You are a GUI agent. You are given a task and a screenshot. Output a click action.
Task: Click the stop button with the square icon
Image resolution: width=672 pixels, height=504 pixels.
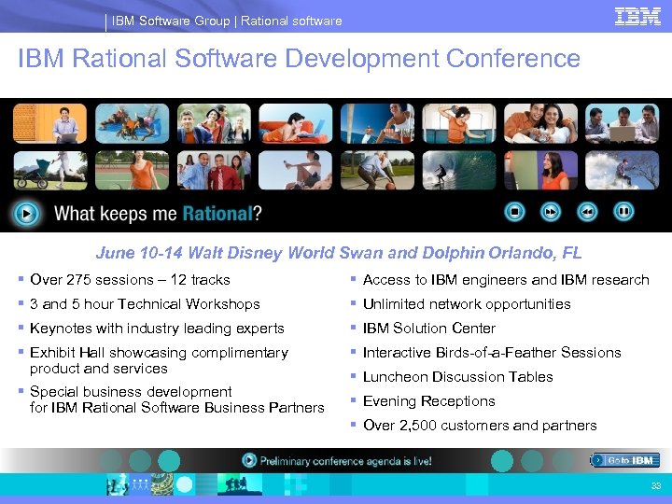513,212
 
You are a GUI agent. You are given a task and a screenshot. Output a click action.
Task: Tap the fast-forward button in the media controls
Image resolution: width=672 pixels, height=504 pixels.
551,212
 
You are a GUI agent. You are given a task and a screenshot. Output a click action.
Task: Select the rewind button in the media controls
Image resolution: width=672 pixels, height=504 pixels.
587,212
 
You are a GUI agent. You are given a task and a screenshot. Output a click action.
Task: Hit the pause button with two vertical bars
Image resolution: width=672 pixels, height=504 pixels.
623,212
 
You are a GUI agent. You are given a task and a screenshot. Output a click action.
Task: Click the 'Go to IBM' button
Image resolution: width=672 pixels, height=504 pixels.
625,460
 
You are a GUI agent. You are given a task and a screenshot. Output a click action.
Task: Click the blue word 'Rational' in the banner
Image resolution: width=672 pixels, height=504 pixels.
217,214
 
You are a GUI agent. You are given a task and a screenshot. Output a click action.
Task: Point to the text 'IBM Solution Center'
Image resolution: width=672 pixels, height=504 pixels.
428,329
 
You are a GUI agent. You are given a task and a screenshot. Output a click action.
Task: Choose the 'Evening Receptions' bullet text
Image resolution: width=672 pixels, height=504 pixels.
428,401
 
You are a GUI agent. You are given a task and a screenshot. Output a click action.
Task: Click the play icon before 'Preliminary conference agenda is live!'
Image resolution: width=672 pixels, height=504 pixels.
249,460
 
